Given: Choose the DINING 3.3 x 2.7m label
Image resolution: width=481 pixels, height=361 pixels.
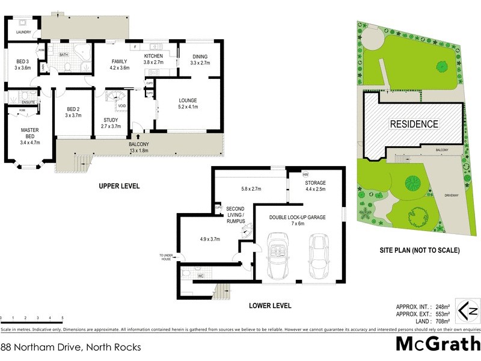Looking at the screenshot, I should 199,59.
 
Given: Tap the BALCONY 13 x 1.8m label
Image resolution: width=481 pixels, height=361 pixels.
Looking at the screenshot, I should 139,148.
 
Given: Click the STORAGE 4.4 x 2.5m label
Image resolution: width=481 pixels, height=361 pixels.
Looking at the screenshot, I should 314,186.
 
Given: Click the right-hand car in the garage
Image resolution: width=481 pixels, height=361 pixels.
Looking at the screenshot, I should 319,256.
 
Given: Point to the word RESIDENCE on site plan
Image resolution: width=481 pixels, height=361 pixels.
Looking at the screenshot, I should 414,124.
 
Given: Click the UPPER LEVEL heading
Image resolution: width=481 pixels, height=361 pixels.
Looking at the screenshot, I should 119,187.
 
